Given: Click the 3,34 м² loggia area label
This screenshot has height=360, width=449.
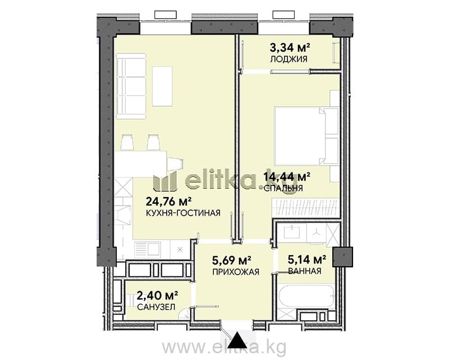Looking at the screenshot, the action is click(290, 47).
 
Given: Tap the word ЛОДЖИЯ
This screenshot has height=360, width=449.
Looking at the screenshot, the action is click(288, 59).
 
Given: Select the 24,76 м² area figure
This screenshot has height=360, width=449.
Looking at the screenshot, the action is click(169, 202).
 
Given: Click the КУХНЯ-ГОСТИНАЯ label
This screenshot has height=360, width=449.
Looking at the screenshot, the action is click(184, 213).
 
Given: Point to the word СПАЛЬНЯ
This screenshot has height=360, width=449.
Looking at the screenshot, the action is click(283, 188).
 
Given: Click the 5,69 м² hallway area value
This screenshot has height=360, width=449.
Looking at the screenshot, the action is click(232, 260).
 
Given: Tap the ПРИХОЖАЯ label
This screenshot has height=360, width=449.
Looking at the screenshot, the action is click(236, 272).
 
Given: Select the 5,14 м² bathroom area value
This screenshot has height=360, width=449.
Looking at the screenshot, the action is click(307, 259).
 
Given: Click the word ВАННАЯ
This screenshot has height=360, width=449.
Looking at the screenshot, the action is click(305, 271).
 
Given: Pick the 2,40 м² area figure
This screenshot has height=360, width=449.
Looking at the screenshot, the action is click(158, 295).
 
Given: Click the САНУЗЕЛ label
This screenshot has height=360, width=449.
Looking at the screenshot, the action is click(156, 307).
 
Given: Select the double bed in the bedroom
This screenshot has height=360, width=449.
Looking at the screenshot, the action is click(306, 136).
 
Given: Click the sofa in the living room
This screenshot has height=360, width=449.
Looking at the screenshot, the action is click(131, 86).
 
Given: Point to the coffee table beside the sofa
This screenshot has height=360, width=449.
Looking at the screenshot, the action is click(162, 86).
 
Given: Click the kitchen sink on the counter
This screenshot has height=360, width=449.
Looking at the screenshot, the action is click(148, 249).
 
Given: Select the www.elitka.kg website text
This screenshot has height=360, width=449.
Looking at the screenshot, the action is click(224, 348).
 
